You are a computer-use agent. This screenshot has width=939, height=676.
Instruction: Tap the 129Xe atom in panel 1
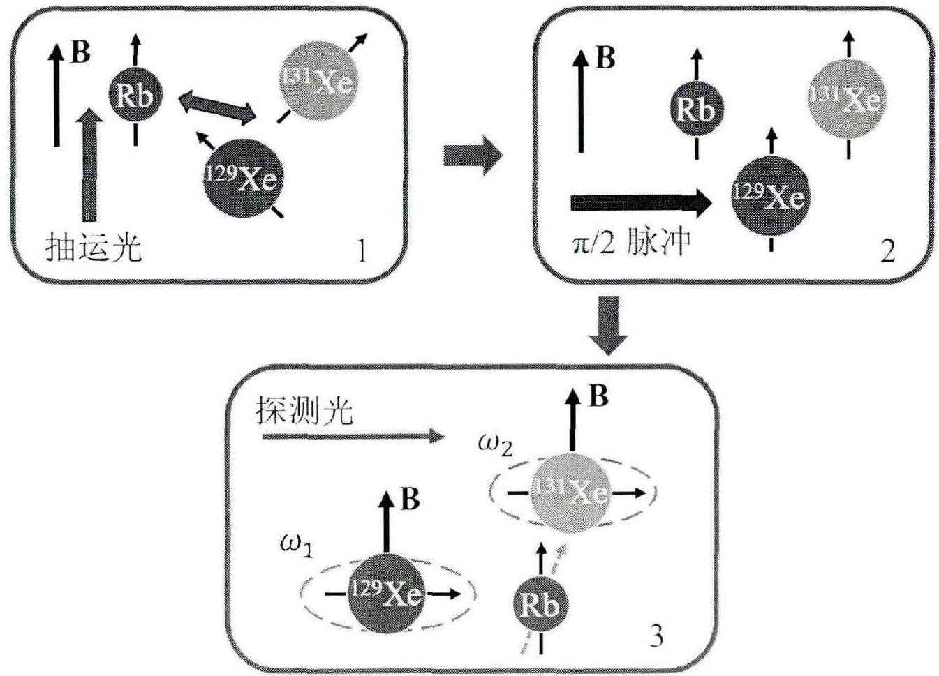click(x=241, y=178)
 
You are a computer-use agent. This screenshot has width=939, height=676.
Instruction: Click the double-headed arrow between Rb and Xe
click(x=218, y=107)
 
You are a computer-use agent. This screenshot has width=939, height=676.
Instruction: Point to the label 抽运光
click(x=93, y=247)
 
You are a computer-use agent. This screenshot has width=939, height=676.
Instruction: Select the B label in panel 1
click(x=81, y=52)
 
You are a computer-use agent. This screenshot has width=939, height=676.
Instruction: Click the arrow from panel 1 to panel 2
click(x=473, y=155)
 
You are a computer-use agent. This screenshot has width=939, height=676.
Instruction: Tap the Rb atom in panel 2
click(x=696, y=109)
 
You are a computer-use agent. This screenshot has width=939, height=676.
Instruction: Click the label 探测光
click(x=304, y=412)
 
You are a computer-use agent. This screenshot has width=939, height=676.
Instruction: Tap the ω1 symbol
click(x=296, y=544)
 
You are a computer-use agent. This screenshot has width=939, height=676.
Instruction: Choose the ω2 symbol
click(x=495, y=444)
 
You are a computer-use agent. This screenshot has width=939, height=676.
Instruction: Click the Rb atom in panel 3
click(x=540, y=605)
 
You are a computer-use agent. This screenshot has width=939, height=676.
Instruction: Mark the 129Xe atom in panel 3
click(x=386, y=593)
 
